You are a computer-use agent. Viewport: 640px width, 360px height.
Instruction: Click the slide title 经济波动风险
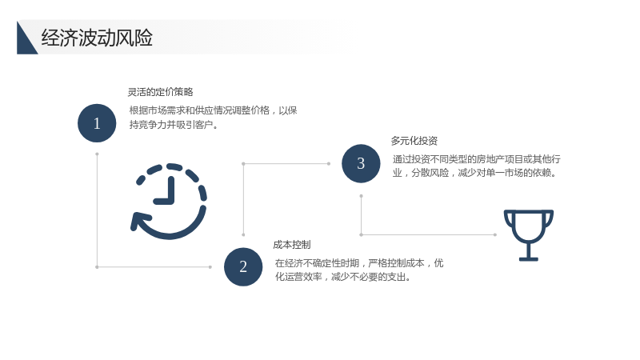pos(97,38)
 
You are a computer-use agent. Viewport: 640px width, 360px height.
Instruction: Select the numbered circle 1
pos(97,123)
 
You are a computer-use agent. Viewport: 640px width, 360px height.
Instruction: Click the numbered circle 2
pos(243,267)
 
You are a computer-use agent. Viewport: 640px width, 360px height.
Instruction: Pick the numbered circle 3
pos(361,164)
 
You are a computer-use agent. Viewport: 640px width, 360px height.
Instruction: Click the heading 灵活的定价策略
pos(161,92)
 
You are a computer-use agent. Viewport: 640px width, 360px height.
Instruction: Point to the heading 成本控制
pos(292,245)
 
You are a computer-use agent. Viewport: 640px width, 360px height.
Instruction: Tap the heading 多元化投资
pos(414,141)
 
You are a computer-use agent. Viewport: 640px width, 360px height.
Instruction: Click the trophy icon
pos(529,235)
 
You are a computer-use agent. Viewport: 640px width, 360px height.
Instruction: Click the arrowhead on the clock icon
pos(138,222)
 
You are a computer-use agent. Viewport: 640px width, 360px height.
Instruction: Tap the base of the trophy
pos(529,258)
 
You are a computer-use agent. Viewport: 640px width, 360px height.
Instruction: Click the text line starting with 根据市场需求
pos(213,110)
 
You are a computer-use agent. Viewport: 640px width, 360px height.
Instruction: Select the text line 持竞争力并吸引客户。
pos(174,125)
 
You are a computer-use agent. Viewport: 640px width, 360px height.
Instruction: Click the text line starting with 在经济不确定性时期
pos(359,263)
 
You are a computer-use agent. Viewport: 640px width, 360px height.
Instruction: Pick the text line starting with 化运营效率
pos(343,277)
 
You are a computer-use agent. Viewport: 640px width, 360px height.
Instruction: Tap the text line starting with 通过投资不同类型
pos(476,159)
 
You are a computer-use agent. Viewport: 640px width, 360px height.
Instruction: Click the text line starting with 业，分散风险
pos(474,173)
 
